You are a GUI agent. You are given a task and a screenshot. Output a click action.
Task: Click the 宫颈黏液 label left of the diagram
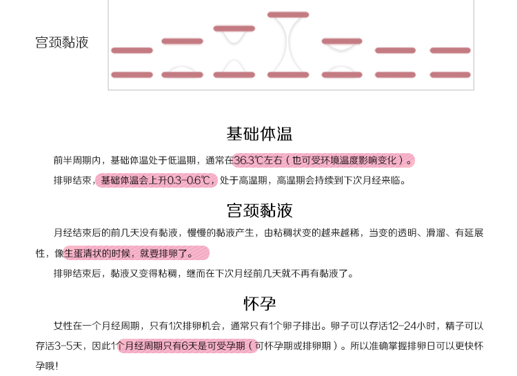62,43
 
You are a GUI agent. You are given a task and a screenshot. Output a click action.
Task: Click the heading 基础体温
259,133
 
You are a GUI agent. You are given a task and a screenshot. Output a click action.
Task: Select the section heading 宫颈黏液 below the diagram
259,210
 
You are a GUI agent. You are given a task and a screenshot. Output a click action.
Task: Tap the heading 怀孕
259,303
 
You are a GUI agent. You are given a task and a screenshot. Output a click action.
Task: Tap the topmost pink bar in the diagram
288,14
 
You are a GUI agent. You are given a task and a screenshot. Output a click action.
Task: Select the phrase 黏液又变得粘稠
145,273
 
